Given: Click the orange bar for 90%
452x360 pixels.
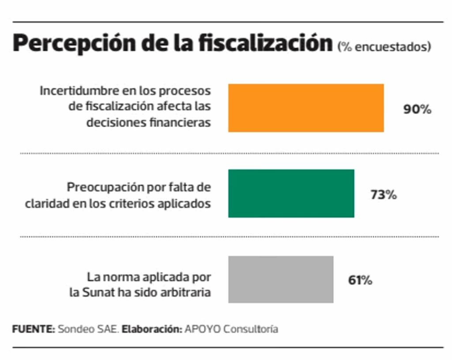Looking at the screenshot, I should [x=305, y=108].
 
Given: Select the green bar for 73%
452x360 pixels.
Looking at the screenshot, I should [x=291, y=193].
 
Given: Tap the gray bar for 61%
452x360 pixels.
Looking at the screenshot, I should [x=281, y=279].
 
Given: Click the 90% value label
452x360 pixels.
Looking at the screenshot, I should [x=417, y=110].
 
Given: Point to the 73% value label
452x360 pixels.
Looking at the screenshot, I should [x=384, y=195].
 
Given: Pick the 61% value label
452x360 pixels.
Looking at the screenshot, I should [x=360, y=280].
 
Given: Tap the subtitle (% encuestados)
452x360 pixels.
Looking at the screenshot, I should [x=384, y=47].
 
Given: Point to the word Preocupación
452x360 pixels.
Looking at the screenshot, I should [x=105, y=188].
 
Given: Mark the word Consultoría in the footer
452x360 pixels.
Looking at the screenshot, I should [x=251, y=330].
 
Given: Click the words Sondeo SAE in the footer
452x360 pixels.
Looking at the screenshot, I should [x=88, y=330].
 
